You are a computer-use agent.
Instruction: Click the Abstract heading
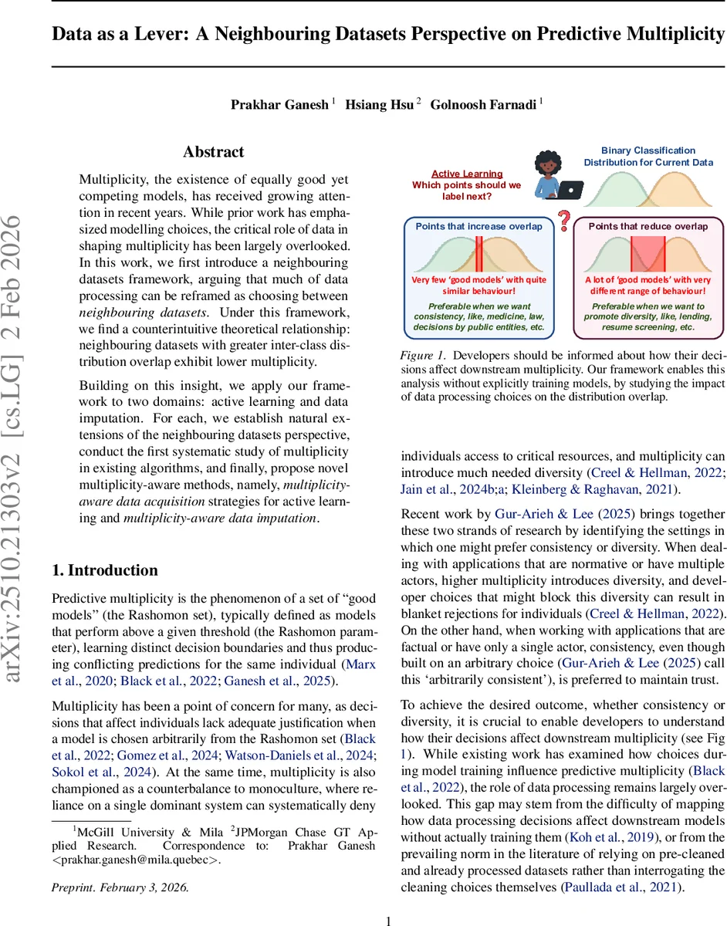click(x=213, y=152)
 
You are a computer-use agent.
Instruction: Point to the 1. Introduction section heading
click(x=104, y=570)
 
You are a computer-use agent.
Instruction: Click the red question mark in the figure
click(x=565, y=222)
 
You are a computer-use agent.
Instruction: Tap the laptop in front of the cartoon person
click(x=571, y=189)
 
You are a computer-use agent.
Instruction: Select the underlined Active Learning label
click(x=467, y=174)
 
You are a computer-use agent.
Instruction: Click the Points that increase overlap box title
click(x=478, y=226)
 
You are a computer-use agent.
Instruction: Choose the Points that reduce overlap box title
click(x=648, y=226)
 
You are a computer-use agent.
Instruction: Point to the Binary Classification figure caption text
click(x=648, y=157)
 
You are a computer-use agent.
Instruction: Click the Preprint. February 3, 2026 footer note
click(x=120, y=887)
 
